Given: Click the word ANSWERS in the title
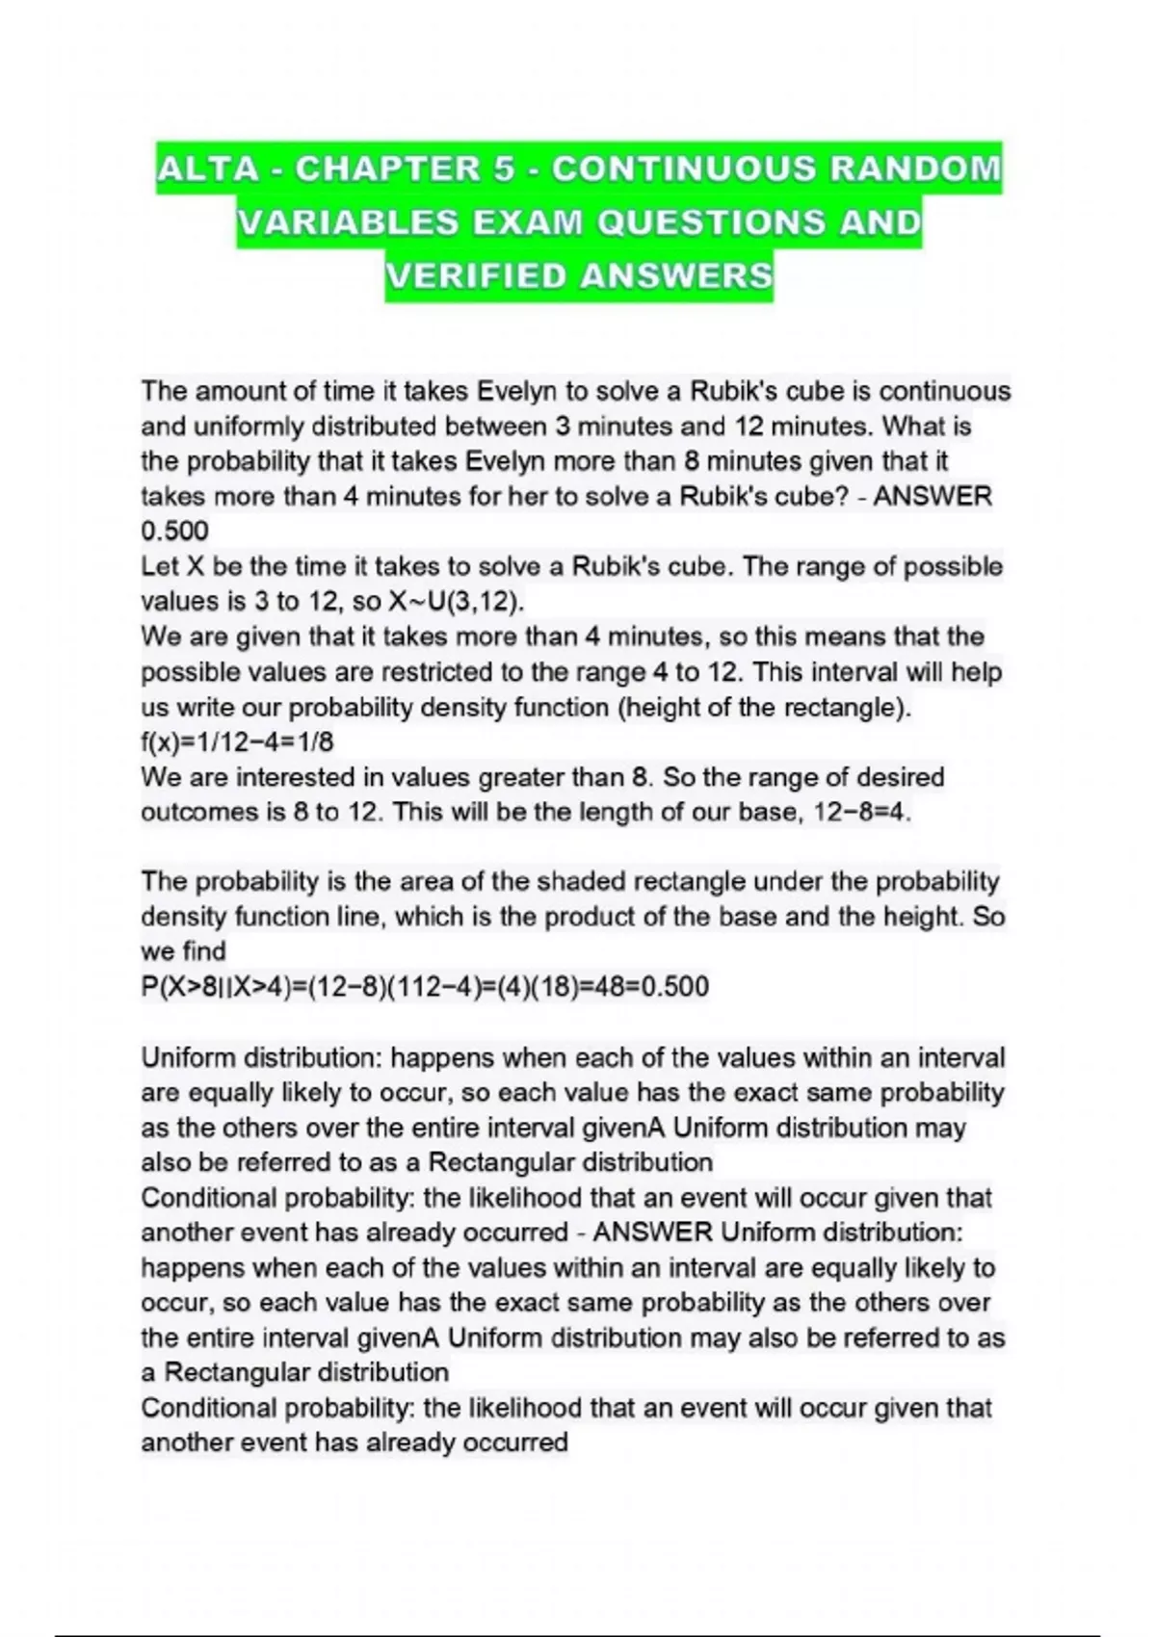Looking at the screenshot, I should point(677,276).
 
